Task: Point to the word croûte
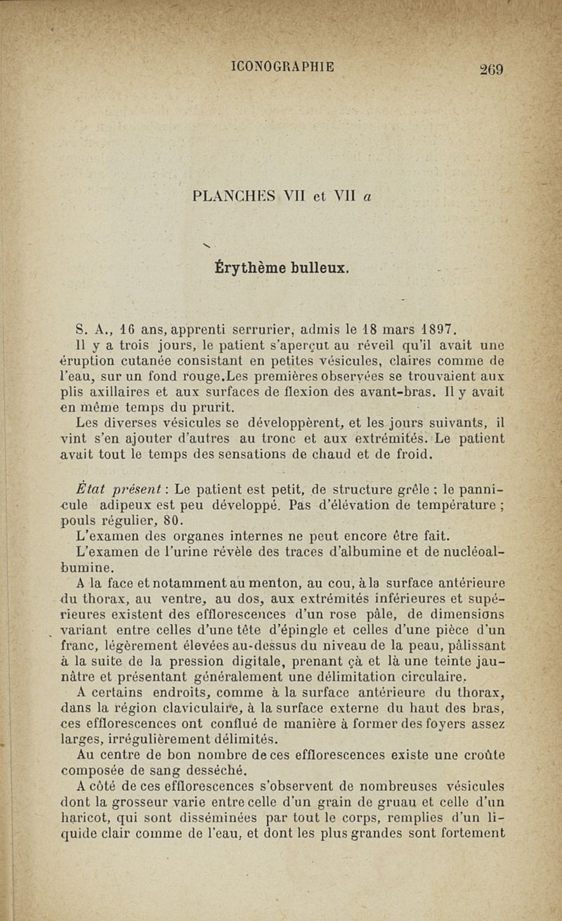coord(481,756)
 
